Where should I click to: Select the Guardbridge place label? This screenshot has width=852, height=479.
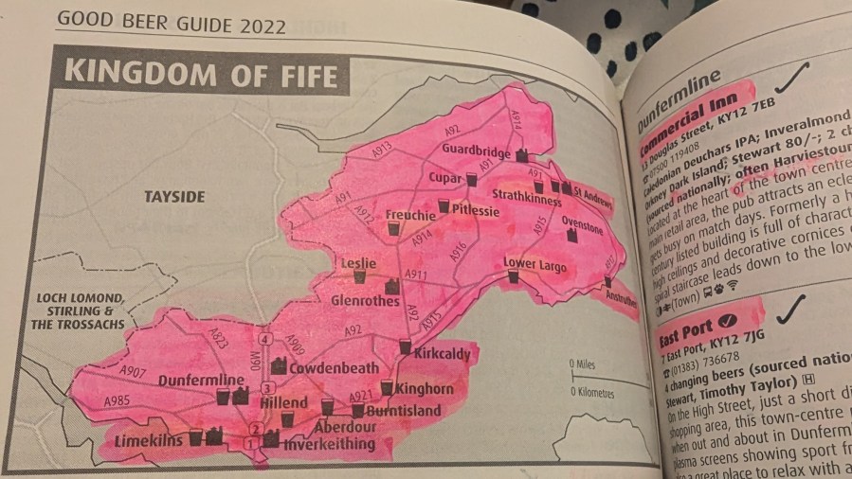coord(476,149)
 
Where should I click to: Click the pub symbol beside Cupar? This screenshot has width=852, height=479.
coord(471,178)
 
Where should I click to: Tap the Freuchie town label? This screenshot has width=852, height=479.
coord(409,215)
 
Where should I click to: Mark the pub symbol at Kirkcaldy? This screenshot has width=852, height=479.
coord(405,347)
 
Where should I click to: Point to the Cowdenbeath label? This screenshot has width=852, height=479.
coord(333,367)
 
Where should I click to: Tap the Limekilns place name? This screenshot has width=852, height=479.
coord(147,441)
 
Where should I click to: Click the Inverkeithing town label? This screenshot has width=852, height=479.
coord(331,444)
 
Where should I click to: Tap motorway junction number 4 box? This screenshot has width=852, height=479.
coord(266,339)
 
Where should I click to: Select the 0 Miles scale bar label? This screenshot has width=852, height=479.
coord(584,363)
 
